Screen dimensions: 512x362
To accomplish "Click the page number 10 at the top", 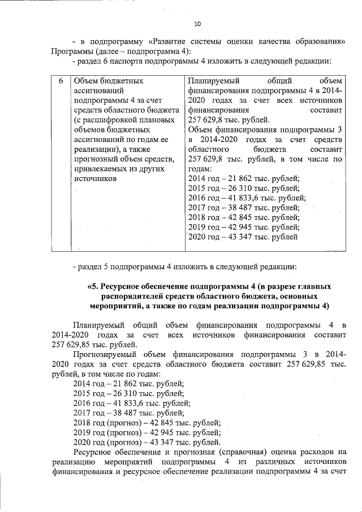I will point(197,24).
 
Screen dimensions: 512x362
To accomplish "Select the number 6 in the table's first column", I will point(61,81).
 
